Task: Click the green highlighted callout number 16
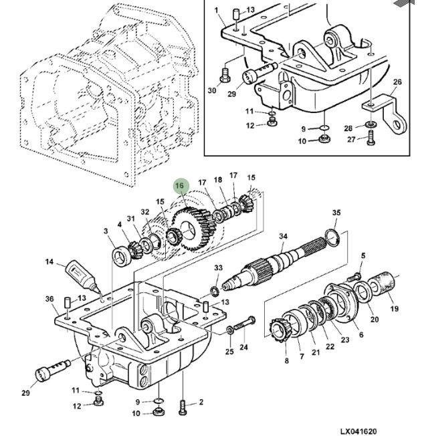(x=179, y=187)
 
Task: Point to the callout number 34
(x=283, y=237)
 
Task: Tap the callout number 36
(x=49, y=298)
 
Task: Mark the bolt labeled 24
(x=245, y=325)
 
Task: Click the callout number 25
(x=229, y=352)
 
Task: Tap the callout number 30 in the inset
(x=212, y=91)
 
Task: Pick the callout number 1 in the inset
(x=216, y=10)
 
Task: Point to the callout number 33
(x=218, y=268)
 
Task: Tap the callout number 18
(x=218, y=181)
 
